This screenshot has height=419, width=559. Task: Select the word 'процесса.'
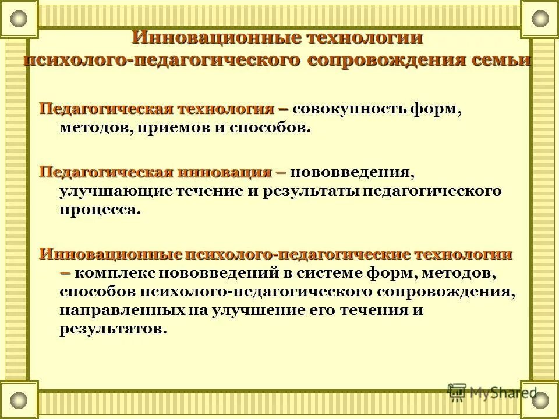tap(100, 210)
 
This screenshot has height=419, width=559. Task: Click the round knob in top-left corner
tap(19, 19)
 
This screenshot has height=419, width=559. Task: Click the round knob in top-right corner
tap(540, 19)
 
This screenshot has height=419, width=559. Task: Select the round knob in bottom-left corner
tap(19, 400)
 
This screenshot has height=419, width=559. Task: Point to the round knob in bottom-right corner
tap(540, 400)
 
